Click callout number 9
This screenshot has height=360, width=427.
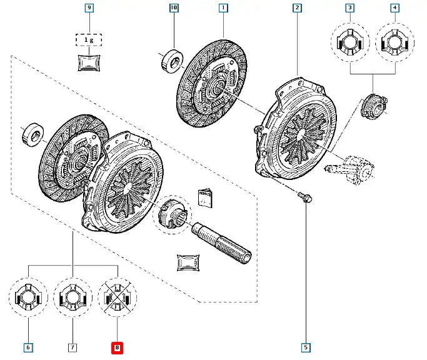[89, 9]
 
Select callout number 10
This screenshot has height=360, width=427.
[174, 9]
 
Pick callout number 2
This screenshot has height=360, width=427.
[297, 9]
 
